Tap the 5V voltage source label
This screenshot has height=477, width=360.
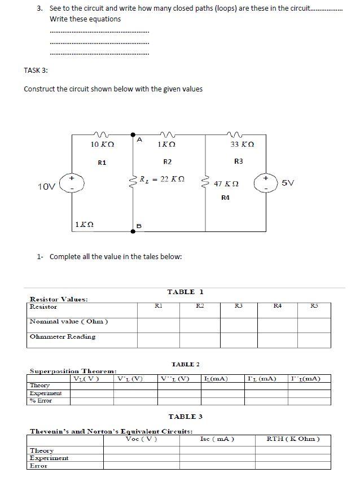click(x=287, y=183)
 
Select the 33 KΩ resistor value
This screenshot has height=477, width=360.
click(x=242, y=145)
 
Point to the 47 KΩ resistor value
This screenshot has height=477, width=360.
click(x=226, y=184)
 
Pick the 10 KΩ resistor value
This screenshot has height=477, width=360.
click(x=103, y=145)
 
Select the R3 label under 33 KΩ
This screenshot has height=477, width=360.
click(x=239, y=161)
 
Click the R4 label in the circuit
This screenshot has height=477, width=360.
click(x=226, y=198)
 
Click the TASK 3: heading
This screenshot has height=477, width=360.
click(x=36, y=71)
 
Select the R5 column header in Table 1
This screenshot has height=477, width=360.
click(x=314, y=307)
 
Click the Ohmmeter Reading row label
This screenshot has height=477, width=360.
click(x=62, y=336)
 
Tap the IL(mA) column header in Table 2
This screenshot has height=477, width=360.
click(x=214, y=378)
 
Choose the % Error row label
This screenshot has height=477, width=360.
click(x=41, y=400)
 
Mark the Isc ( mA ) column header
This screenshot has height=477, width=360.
click(x=217, y=439)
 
